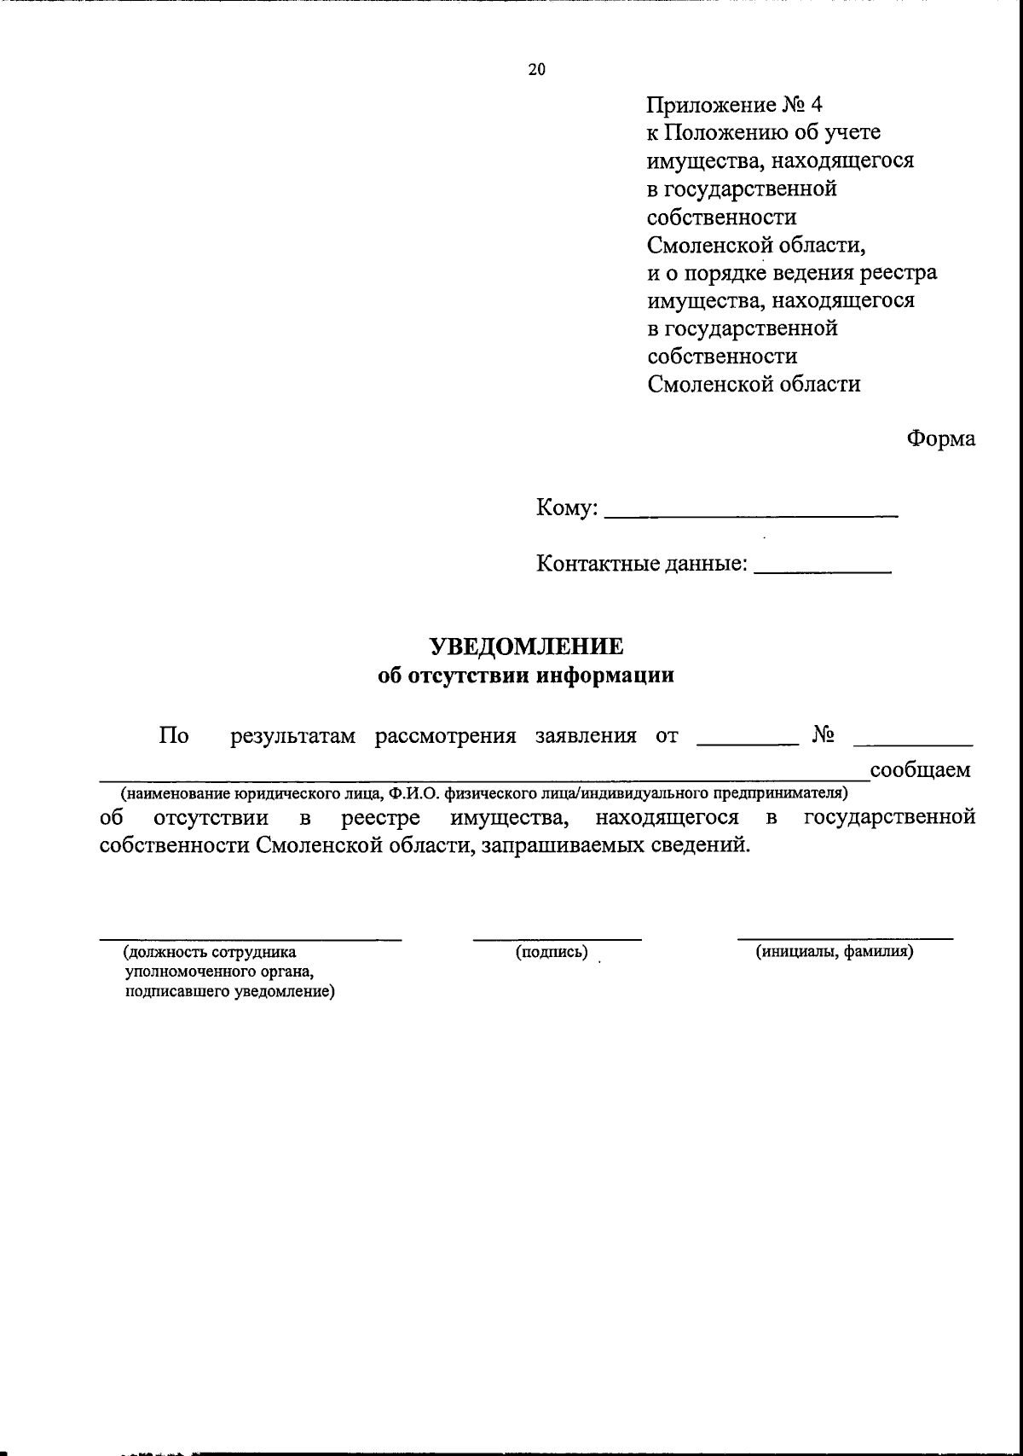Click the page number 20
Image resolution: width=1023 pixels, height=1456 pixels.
click(536, 71)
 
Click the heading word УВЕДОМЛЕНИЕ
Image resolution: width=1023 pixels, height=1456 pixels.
click(526, 647)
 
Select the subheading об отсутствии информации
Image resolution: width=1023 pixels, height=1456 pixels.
click(526, 676)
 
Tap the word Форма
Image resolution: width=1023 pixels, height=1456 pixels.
click(941, 439)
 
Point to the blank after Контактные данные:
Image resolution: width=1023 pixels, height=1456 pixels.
click(823, 569)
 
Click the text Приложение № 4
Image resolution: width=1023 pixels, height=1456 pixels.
click(734, 105)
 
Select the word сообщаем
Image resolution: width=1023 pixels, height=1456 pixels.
click(920, 770)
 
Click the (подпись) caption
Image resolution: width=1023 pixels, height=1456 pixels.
click(552, 952)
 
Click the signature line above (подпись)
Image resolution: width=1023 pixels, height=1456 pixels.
click(558, 939)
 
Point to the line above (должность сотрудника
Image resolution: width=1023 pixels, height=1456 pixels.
click(251, 939)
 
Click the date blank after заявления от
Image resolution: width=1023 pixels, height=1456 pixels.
click(746, 744)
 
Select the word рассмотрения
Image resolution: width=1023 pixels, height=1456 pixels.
click(446, 736)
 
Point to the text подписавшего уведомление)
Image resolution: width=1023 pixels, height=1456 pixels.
click(229, 992)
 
